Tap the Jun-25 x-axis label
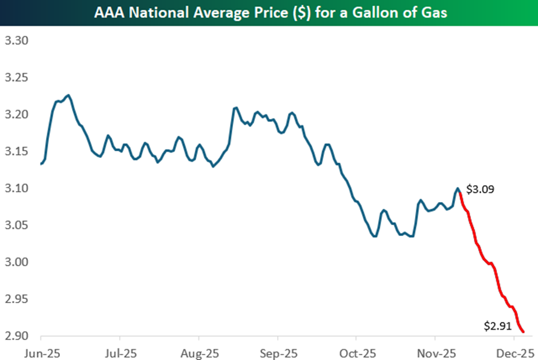[x=41, y=351]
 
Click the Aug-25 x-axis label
[x=199, y=351]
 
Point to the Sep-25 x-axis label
[x=278, y=351]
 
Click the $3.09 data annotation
[x=479, y=189]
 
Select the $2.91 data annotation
[x=498, y=326]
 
